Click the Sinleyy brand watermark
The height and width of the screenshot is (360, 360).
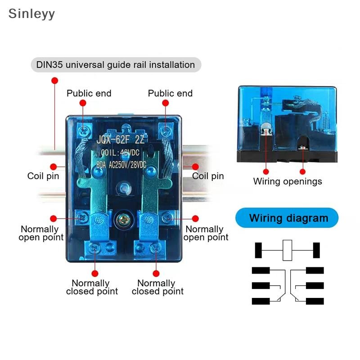(x=31, y=13)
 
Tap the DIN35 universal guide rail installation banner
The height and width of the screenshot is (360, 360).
(x=116, y=65)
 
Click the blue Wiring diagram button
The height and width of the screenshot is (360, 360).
(x=288, y=219)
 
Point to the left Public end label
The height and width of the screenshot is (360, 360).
(x=89, y=94)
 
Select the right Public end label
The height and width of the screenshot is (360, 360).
(x=170, y=94)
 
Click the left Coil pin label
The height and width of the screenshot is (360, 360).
(x=43, y=176)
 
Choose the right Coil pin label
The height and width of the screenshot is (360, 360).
(x=208, y=176)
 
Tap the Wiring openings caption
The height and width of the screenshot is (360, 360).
(x=288, y=182)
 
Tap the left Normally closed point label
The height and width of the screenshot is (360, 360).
(x=92, y=287)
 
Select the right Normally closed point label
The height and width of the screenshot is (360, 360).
(x=157, y=287)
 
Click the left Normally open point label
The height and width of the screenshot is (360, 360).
(x=40, y=233)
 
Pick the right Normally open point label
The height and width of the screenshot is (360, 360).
(x=206, y=233)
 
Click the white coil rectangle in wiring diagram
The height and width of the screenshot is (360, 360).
(x=287, y=250)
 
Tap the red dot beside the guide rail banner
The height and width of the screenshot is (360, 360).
(x=55, y=81)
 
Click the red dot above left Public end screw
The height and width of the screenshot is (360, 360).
(x=83, y=103)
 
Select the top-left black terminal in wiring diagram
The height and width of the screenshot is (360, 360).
(x=258, y=250)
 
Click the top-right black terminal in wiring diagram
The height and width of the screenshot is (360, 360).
(x=316, y=250)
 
